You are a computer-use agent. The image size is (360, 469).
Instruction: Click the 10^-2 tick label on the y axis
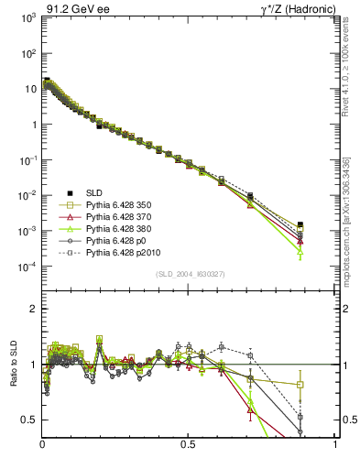pos(28,196)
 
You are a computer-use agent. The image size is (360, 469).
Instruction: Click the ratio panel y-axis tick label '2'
pos(34,310)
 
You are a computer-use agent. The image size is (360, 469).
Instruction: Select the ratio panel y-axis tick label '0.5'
pos(30,420)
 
